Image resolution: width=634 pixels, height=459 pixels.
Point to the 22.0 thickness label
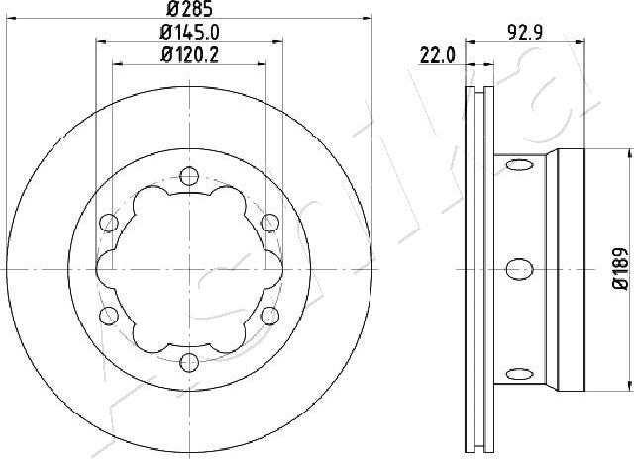tap(436, 56)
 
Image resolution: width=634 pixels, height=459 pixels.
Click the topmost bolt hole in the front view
tap(188, 178)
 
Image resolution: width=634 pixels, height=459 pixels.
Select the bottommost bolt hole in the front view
tap(188, 360)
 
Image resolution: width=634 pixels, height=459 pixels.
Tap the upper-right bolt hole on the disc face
tap(267, 223)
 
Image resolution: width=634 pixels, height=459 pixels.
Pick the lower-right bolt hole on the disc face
tap(267, 315)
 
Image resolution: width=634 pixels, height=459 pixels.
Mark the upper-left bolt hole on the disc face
tap(109, 223)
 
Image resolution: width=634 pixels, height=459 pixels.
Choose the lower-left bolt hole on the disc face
tap(109, 315)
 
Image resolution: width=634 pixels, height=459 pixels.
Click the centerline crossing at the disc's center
tap(188, 269)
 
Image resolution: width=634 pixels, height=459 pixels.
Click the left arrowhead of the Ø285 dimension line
tap(12, 19)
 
